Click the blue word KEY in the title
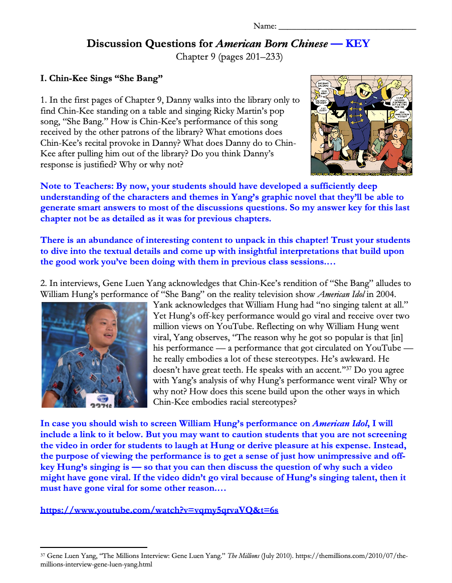pyautogui.click(x=357, y=44)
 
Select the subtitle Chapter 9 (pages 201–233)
pyautogui.click(x=229, y=57)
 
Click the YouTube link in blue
pyautogui.click(x=159, y=510)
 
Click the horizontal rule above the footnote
pyautogui.click(x=94, y=547)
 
